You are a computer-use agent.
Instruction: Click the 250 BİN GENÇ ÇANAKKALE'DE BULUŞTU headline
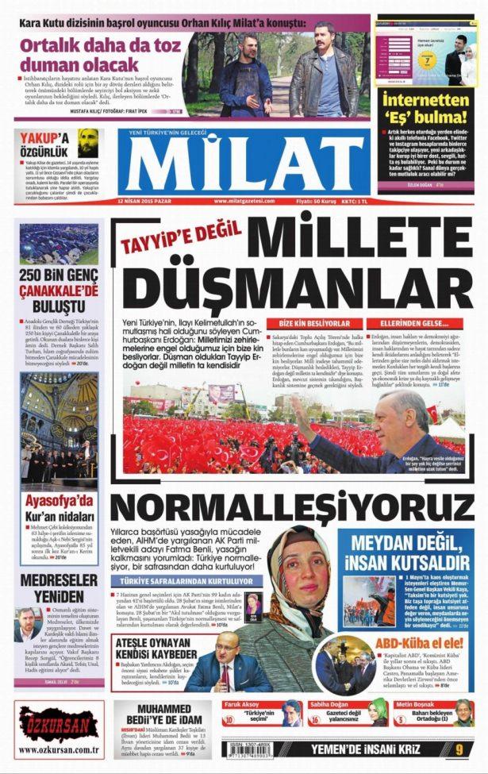coord(60,290)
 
